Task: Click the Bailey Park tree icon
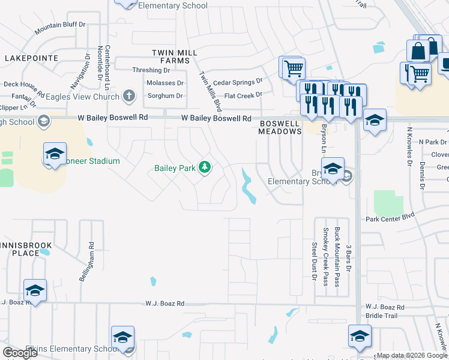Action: (x=205, y=167)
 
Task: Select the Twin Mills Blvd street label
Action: (x=210, y=91)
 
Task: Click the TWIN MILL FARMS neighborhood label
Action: (x=175, y=56)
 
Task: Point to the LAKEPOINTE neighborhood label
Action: (x=31, y=58)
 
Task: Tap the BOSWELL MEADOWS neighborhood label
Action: (x=279, y=127)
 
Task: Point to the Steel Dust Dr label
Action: (x=314, y=261)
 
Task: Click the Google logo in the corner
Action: (x=20, y=353)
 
